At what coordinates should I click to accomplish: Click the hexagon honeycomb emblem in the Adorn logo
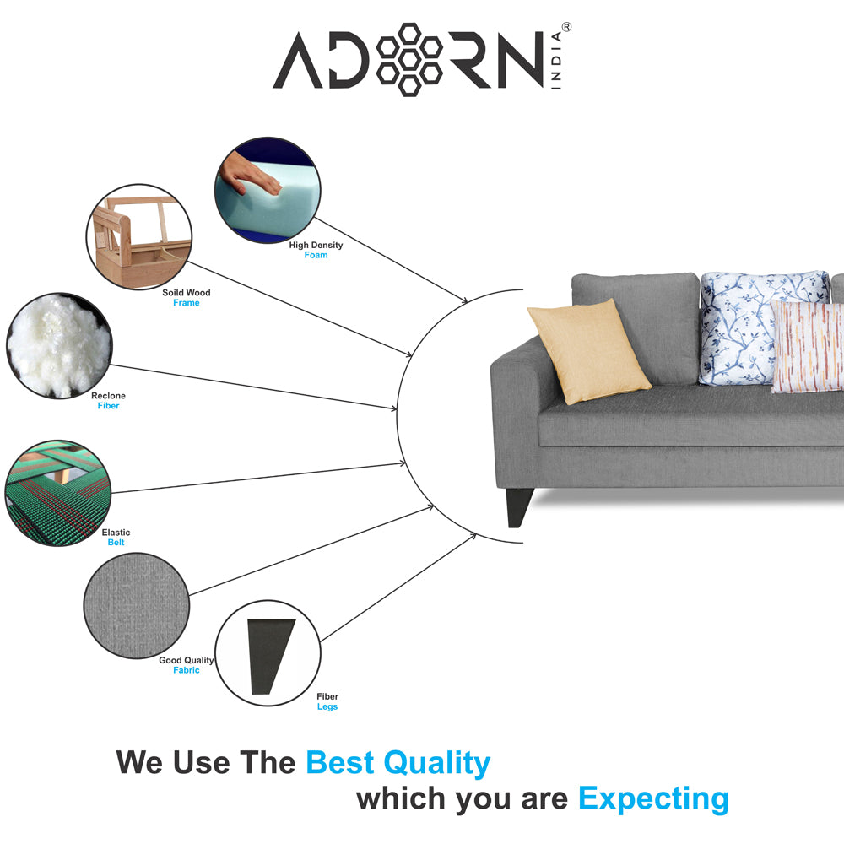[x=409, y=60]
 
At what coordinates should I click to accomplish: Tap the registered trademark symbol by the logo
[x=567, y=27]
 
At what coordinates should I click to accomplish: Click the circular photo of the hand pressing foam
[x=268, y=189]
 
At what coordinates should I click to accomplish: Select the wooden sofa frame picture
[x=139, y=237]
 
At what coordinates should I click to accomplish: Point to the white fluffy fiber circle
[x=59, y=345]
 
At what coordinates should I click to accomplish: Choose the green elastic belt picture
[x=58, y=493]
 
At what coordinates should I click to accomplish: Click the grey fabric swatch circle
[x=137, y=605]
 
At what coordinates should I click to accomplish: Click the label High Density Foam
[x=316, y=250]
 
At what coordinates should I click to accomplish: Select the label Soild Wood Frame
[x=187, y=298]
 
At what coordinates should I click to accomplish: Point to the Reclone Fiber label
[x=108, y=400]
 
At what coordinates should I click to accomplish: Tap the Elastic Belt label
[x=116, y=537]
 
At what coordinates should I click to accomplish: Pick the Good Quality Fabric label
[x=187, y=665]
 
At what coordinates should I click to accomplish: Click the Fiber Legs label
[x=327, y=701]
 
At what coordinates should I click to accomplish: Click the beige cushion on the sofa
[x=589, y=351]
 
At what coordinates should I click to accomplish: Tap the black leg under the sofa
[x=519, y=507]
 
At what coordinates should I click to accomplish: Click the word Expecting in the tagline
[x=653, y=798]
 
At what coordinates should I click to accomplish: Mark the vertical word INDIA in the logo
[x=556, y=60]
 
